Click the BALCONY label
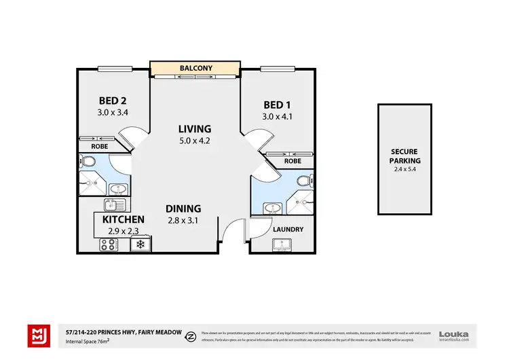(195, 69)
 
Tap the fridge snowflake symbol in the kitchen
(140, 244)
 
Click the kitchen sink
(113, 205)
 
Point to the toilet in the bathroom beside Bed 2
(87, 162)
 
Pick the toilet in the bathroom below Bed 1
(307, 181)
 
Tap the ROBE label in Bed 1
(293, 161)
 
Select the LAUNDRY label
(288, 230)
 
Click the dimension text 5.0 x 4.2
(195, 141)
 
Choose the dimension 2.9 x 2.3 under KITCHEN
(123, 231)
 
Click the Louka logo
(454, 335)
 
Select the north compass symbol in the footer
(192, 335)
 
